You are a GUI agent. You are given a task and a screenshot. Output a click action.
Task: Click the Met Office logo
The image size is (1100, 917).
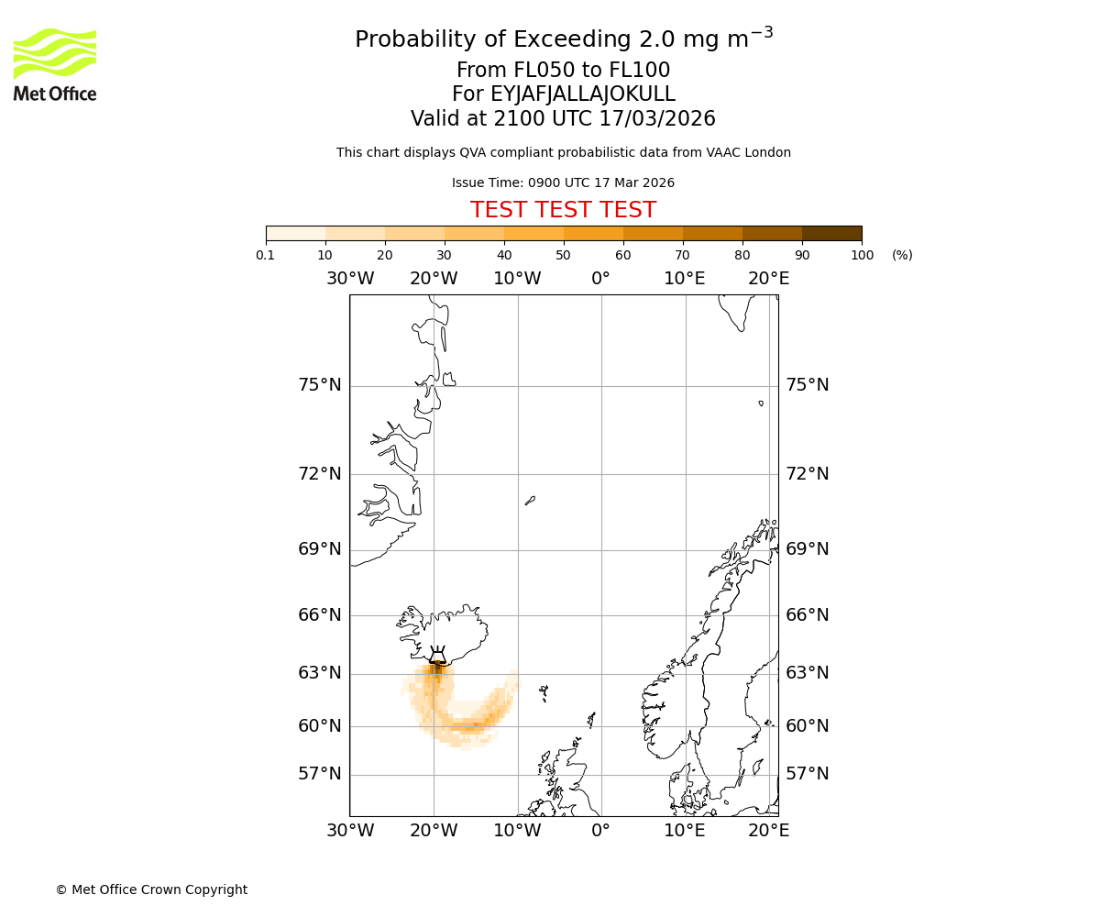click(x=55, y=64)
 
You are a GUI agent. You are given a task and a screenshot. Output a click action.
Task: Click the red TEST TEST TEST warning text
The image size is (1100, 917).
click(x=563, y=210)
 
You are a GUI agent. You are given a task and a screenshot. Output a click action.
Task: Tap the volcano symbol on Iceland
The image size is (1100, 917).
click(x=437, y=655)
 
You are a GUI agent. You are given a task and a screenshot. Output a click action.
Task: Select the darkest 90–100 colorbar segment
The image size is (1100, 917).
click(x=831, y=233)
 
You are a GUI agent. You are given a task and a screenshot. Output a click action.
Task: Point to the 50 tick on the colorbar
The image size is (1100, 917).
click(x=563, y=255)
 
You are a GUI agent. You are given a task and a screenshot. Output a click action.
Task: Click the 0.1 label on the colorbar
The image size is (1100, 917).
click(x=266, y=255)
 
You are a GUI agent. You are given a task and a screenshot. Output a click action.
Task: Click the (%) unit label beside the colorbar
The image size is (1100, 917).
click(x=902, y=255)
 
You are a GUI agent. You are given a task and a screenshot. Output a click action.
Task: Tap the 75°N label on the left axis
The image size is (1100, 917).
click(x=319, y=385)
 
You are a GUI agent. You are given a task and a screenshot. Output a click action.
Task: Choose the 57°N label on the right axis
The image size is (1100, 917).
click(x=807, y=774)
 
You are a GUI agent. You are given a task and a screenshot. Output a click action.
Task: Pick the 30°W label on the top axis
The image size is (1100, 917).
click(x=349, y=279)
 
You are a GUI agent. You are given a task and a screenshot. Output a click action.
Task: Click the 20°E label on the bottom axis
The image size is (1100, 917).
click(x=768, y=831)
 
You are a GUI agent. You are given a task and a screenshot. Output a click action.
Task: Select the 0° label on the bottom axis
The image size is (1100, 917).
click(x=600, y=831)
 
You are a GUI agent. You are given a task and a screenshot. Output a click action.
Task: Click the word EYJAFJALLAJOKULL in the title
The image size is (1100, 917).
click(x=583, y=94)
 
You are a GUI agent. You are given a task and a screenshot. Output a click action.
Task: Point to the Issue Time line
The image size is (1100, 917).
click(x=563, y=183)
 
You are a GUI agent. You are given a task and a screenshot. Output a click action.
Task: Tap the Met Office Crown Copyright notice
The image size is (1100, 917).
click(x=151, y=889)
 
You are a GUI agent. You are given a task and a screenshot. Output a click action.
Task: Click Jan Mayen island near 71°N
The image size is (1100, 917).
click(x=530, y=501)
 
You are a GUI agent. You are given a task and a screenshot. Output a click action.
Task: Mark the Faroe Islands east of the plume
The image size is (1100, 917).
click(x=544, y=692)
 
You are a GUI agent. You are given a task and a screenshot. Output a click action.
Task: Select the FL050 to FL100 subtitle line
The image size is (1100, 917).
click(x=563, y=71)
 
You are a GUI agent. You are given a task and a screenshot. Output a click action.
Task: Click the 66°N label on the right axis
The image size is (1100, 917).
click(x=807, y=615)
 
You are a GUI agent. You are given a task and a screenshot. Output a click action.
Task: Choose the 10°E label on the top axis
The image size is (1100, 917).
click(x=684, y=279)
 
